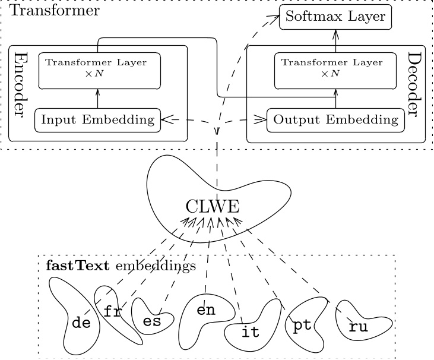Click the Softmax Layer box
coord(335,17)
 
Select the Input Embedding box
coord(98,120)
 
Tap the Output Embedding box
coord(335,120)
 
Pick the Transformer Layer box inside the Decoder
coord(335,68)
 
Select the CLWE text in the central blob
coord(213,207)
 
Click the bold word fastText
coord(77,266)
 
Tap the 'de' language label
coord(81,323)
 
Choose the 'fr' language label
coord(112,312)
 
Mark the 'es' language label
coord(152,321)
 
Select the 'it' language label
coord(251,332)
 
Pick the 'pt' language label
coord(302,326)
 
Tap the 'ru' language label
coord(359,326)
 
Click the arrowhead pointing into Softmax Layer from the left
coord(275,17)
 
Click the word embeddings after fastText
coord(155,266)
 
